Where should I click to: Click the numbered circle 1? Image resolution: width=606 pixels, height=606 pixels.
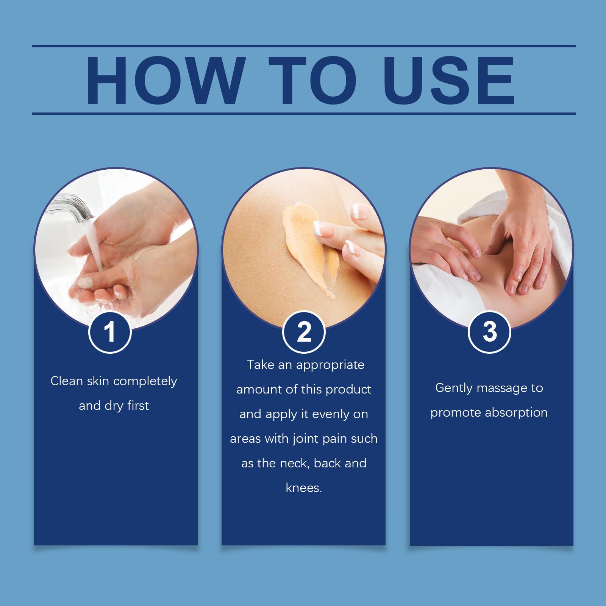click(110, 332)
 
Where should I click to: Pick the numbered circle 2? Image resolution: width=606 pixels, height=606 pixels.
click(304, 332)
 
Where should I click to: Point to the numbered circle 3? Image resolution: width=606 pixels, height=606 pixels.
click(490, 332)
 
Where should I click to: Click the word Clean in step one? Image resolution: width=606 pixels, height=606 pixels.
click(67, 381)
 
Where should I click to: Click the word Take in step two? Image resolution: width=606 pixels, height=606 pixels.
click(261, 365)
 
